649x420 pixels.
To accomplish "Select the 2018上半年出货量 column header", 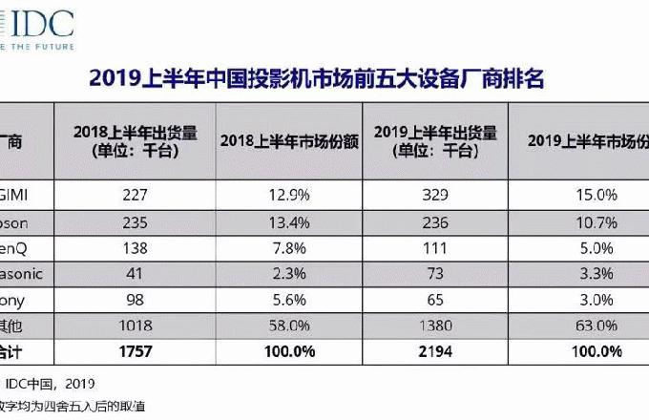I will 136,140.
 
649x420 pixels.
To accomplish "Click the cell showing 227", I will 135,195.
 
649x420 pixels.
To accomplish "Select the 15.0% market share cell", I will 581,195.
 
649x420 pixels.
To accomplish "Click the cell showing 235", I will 135,220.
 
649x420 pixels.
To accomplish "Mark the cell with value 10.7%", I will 581,220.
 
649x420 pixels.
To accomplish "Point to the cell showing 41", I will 135,273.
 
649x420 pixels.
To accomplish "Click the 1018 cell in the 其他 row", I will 135,325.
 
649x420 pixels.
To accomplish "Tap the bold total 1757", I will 135,351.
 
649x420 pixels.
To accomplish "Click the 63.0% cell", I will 581,325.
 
